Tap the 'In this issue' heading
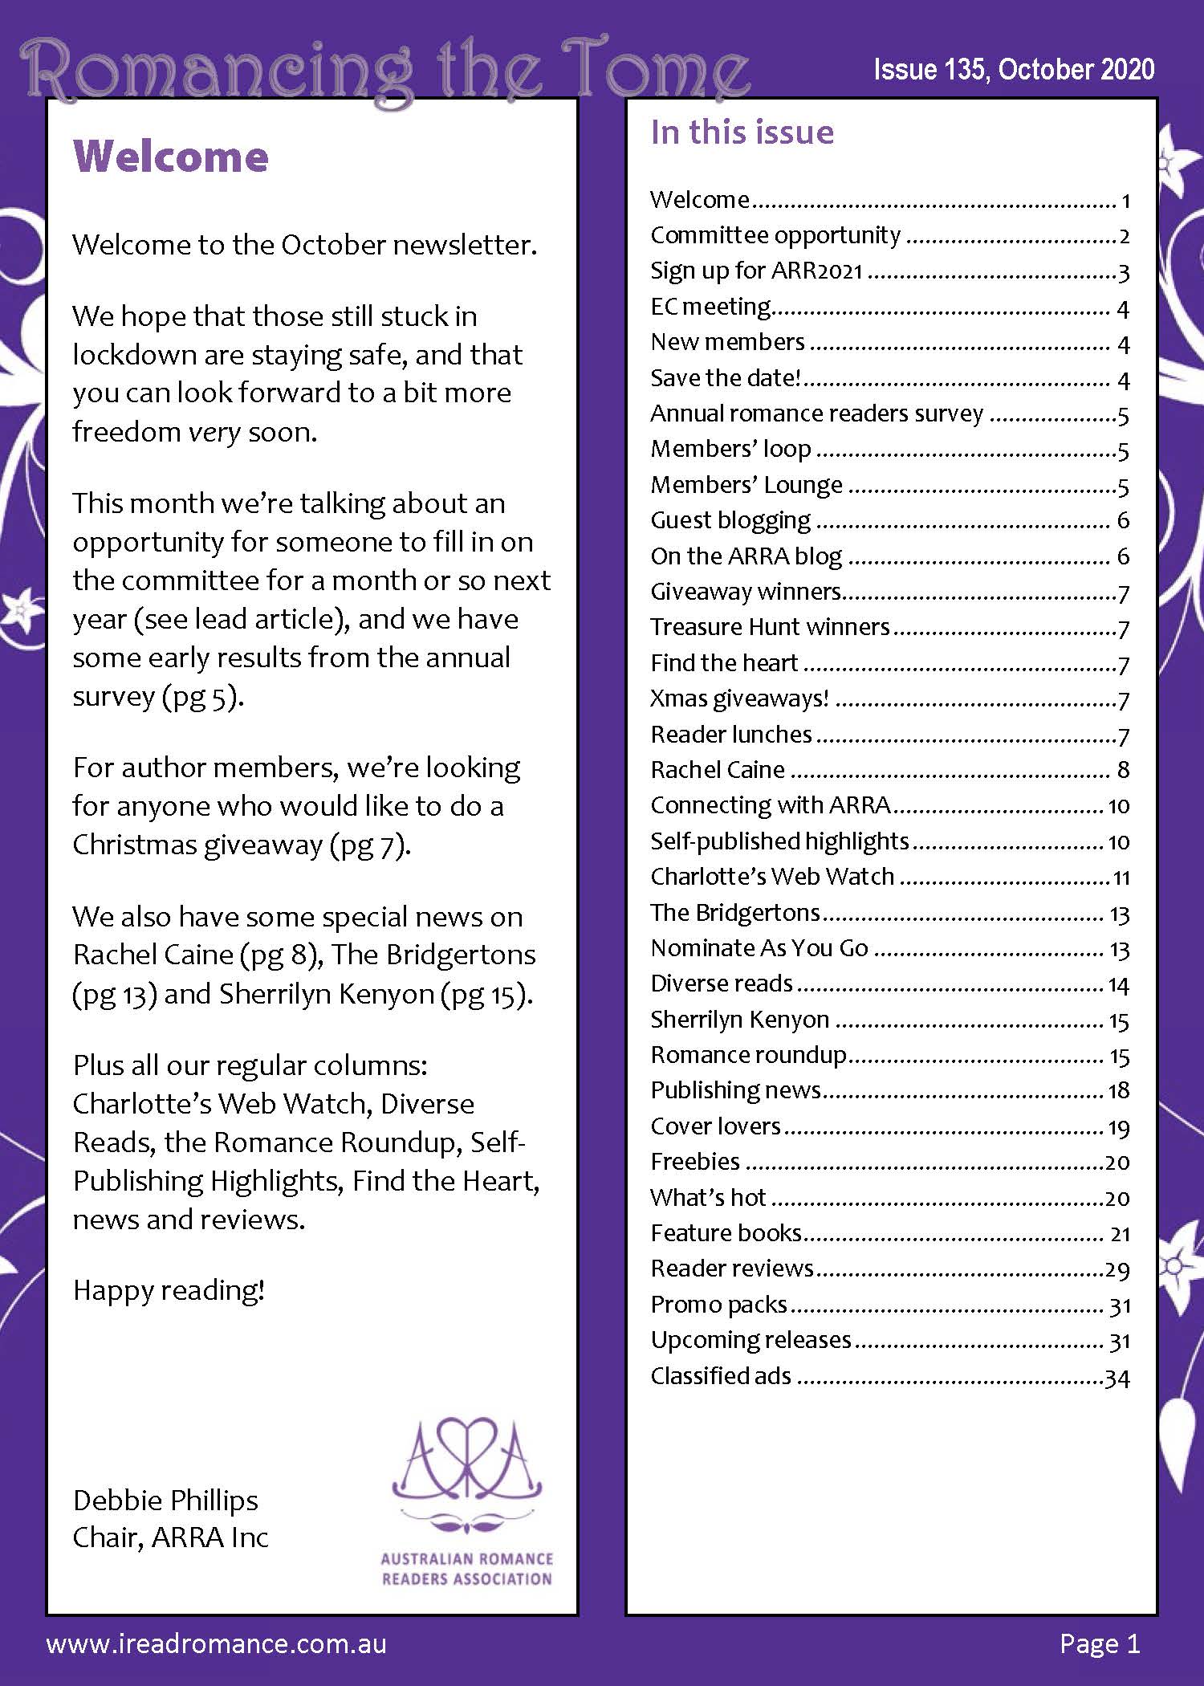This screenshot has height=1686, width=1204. (x=742, y=132)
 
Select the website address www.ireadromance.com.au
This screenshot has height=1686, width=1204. (x=217, y=1643)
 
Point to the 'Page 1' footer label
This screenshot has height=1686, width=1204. (x=1099, y=1643)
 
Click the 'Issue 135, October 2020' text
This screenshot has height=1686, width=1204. (x=1014, y=70)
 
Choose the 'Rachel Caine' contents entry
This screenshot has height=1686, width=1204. (x=718, y=769)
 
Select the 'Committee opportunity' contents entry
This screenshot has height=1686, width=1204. (x=775, y=234)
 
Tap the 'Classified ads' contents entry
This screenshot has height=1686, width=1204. (x=721, y=1375)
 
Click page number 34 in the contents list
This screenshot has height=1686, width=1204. (x=1117, y=1378)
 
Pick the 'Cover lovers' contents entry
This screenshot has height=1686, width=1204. (x=715, y=1126)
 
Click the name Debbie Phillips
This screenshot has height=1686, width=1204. (x=165, y=1500)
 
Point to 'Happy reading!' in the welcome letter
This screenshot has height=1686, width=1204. (x=169, y=1289)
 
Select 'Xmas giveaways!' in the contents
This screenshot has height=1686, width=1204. (x=739, y=698)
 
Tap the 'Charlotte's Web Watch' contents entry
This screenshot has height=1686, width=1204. (x=772, y=876)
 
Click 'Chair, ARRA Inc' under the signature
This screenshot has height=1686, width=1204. (x=170, y=1537)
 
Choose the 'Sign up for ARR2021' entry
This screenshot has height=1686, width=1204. (x=756, y=271)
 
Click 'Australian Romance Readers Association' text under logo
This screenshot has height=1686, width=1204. (x=466, y=1569)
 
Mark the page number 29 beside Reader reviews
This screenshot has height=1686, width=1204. (x=1117, y=1269)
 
